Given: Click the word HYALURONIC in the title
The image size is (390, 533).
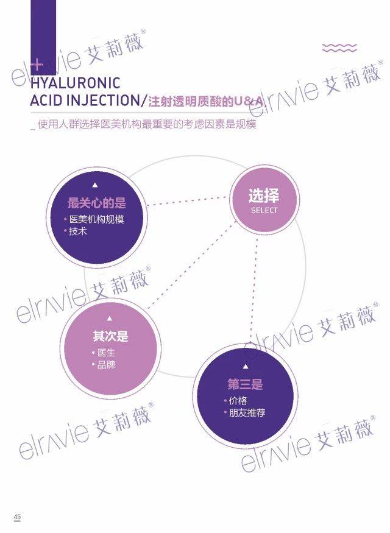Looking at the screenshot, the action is (76, 83).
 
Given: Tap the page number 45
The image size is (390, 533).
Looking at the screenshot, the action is (17, 517).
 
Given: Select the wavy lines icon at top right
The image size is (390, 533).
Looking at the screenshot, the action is (339, 48).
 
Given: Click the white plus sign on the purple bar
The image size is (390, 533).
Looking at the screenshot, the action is (37, 65).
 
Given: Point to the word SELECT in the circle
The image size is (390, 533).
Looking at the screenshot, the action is (264, 210).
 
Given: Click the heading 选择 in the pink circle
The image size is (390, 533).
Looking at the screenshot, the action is (264, 196).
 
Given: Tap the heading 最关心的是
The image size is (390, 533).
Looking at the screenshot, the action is (96, 203).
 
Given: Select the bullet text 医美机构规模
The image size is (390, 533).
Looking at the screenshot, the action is (96, 219).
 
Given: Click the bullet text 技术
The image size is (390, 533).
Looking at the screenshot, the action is (78, 231).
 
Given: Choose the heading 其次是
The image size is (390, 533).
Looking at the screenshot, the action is (110, 336).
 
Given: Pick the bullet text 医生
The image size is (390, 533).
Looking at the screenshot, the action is (107, 353).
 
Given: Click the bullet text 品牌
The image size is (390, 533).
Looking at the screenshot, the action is (107, 365).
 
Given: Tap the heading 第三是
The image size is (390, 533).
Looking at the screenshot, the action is (245, 384).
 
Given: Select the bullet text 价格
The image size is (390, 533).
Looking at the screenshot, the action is (238, 401).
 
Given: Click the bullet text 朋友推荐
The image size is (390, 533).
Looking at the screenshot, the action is (247, 413).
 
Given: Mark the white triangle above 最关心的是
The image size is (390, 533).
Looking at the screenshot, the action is (95, 185).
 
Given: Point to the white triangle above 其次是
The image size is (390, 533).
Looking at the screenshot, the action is (110, 319).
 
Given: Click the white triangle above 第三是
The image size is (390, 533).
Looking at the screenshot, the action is (246, 367).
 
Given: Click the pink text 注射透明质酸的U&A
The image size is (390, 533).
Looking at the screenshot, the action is (206, 101).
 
